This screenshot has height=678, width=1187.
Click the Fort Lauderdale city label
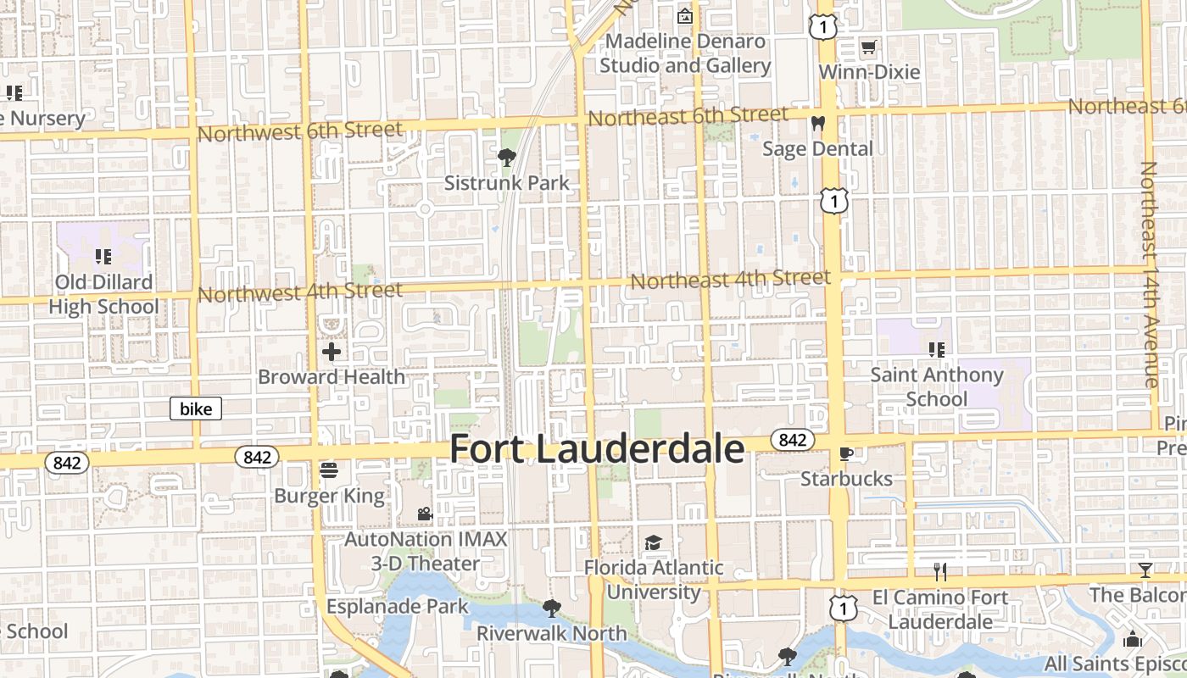597,449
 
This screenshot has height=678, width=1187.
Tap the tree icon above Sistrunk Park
507,157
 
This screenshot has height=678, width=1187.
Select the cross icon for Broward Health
332,351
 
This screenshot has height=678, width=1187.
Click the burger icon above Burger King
329,470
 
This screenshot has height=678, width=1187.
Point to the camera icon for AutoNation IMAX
425,514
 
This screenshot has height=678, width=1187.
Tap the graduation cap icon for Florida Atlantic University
653,542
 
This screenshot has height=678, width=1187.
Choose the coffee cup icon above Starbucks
845,453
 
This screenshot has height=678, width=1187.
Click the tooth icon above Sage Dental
817,124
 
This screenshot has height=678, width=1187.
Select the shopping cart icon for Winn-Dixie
868,47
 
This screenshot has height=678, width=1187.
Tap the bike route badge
196,409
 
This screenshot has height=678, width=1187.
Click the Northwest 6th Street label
299,131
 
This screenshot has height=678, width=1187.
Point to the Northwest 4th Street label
299,292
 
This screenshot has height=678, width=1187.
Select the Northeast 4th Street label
730,278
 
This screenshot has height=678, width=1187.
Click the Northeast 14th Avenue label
1150,275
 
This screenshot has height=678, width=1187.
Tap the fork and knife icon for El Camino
939,571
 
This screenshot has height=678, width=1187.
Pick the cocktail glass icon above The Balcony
1145,570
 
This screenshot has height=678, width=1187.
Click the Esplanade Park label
398,606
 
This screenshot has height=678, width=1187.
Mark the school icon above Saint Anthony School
937,349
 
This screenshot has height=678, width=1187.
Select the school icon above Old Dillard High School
103,256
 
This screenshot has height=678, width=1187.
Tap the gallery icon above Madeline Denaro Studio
684,16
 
